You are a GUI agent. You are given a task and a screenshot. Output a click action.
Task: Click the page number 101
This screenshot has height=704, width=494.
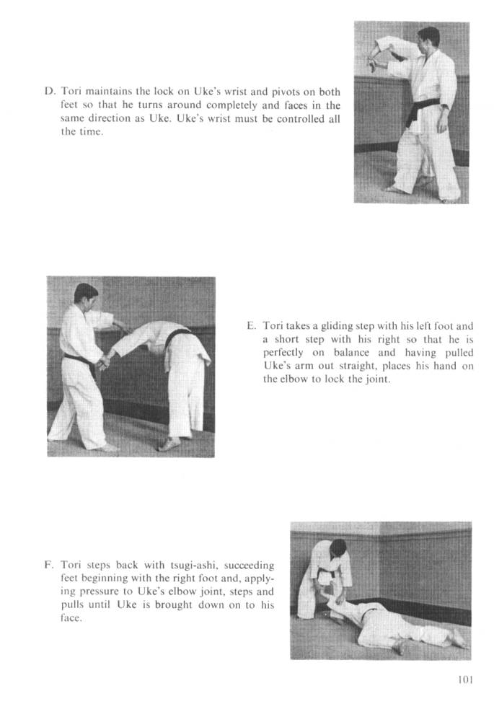click(465, 679)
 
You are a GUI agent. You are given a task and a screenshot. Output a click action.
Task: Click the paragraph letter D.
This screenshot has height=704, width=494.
click(50, 92)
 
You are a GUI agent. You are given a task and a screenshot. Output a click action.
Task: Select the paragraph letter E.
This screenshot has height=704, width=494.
click(251, 325)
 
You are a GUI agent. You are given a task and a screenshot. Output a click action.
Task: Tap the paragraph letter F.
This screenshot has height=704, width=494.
click(49, 564)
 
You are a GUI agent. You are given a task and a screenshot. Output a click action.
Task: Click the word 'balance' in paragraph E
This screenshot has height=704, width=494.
click(351, 353)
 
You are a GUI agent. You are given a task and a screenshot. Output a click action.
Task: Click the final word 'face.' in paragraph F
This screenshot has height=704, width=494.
click(71, 617)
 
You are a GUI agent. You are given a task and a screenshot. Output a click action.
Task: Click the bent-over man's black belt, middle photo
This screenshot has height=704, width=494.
click(177, 337)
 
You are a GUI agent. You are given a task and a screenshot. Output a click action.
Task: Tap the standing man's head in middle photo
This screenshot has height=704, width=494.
click(86, 294)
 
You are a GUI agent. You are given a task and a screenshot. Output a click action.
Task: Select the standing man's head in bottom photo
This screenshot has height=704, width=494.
click(338, 550)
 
